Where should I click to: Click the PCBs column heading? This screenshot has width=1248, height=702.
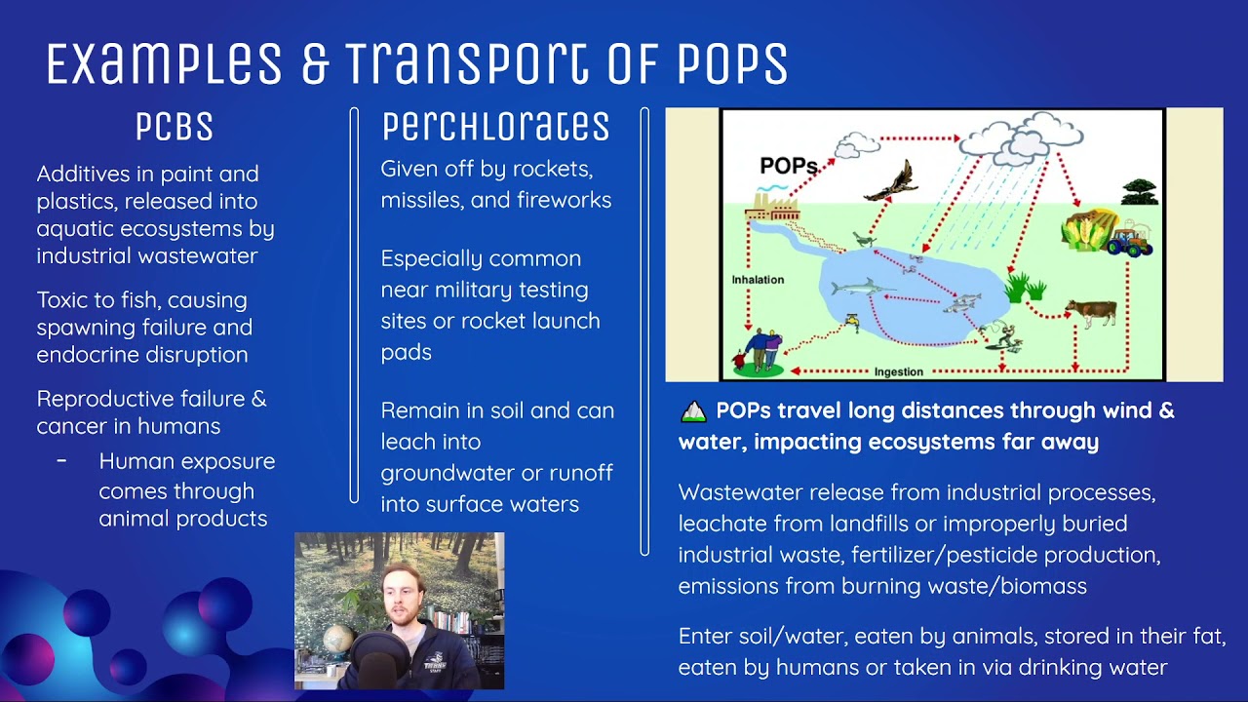[175, 128]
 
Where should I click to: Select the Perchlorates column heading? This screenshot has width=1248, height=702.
[495, 127]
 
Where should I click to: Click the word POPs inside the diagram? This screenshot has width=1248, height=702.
[788, 166]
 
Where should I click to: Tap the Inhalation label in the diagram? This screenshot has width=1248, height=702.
[758, 280]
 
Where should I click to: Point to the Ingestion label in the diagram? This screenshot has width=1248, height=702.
[898, 371]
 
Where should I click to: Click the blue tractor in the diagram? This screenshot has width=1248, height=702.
[1130, 239]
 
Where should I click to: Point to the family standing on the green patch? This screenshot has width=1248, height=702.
[760, 351]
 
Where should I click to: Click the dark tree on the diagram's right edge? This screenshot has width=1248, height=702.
[1138, 191]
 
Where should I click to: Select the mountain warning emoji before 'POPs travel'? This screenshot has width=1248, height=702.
[693, 411]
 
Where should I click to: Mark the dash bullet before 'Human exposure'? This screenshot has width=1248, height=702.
[61, 460]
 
